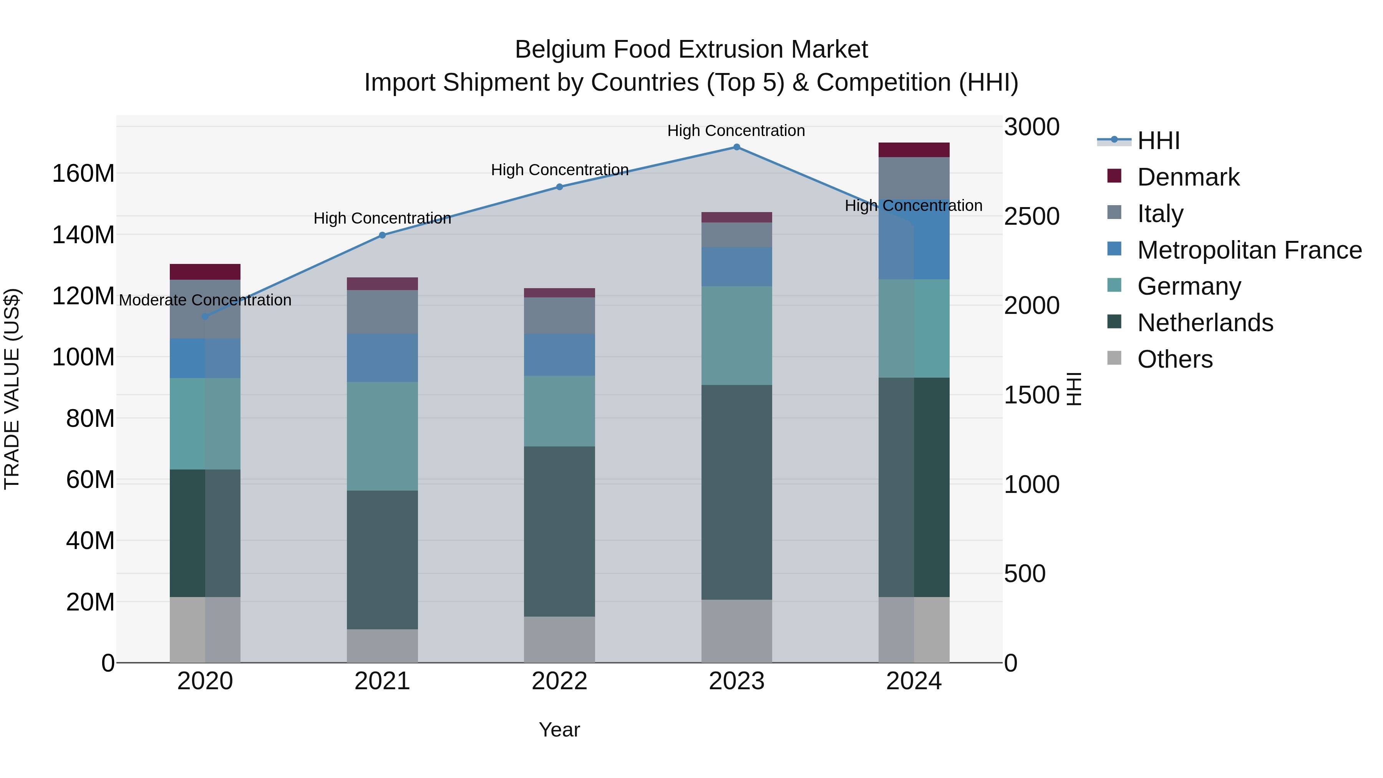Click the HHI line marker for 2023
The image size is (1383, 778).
pos(736,147)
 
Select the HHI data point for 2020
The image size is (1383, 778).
pos(205,317)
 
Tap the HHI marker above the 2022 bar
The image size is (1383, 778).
pos(559,187)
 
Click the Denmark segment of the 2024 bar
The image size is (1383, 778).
pos(914,150)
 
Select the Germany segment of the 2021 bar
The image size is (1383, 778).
pos(382,436)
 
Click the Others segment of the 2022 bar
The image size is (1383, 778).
pos(559,639)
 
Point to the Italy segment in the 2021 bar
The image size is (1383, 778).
pos(382,312)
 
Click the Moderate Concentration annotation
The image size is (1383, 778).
pos(205,300)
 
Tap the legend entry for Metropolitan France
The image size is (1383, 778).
pos(1249,250)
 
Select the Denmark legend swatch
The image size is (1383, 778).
pos(1114,176)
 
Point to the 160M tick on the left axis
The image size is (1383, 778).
pos(83,173)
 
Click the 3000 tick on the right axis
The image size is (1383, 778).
pos(1031,127)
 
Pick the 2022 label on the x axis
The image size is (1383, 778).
pos(559,681)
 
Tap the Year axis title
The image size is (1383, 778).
pos(559,730)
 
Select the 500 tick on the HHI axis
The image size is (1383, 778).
pos(1024,574)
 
